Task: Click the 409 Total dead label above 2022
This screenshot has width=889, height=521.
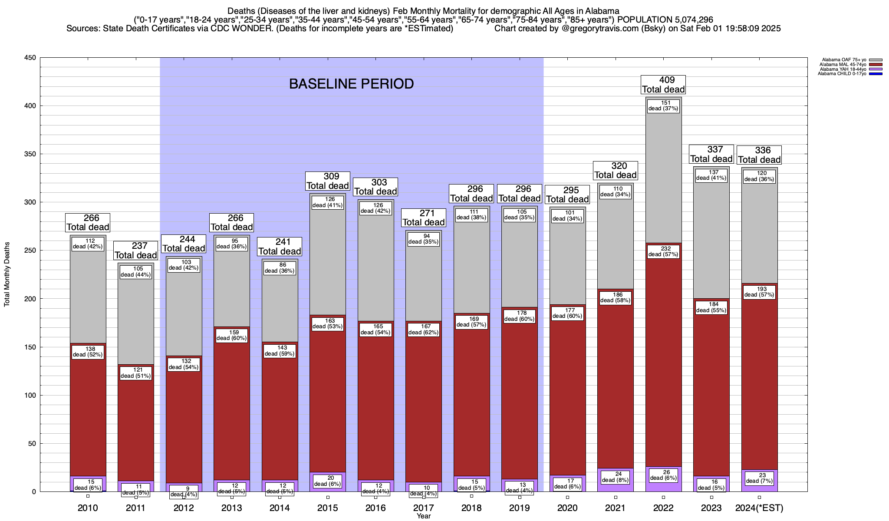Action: tap(663, 85)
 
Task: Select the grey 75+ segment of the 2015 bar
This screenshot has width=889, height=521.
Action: tap(328, 260)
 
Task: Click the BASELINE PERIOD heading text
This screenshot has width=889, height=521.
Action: tap(351, 84)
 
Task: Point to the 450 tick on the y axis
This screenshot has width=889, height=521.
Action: tap(30, 58)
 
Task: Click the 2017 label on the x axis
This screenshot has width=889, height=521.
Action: tap(423, 508)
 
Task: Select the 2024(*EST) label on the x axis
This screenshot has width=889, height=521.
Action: tap(759, 508)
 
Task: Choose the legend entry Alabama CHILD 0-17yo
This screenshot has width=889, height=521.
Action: tap(842, 73)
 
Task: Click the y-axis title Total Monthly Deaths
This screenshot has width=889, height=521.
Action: tap(7, 274)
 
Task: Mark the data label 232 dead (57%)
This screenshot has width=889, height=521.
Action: tap(663, 251)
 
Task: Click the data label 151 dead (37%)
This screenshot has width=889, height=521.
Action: tap(663, 106)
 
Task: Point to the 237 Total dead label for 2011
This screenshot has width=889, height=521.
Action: tap(135, 251)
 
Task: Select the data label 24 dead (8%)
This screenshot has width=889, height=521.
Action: tap(615, 477)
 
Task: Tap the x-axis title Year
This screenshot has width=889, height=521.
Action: tap(423, 516)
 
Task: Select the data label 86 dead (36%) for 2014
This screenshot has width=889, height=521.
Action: tap(280, 267)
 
